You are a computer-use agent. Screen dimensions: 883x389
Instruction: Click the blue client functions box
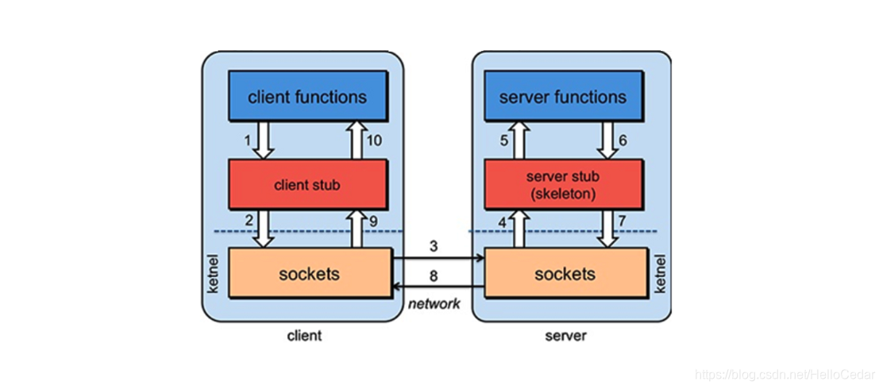pyautogui.click(x=307, y=96)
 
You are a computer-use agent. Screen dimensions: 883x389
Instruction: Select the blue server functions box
pyautogui.click(x=562, y=96)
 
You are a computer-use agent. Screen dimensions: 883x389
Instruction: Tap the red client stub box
pyautogui.click(x=307, y=184)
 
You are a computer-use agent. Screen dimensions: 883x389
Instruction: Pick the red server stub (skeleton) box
pyautogui.click(x=562, y=184)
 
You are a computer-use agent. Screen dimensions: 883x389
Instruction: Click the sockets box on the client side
pyautogui.click(x=309, y=273)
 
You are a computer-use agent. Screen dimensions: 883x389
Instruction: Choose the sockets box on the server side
pyautogui.click(x=565, y=273)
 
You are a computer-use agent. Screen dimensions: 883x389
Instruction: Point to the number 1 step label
pyautogui.click(x=247, y=141)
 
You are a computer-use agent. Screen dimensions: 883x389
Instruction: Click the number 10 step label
pyautogui.click(x=374, y=141)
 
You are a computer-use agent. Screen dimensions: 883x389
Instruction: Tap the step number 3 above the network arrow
pyautogui.click(x=433, y=247)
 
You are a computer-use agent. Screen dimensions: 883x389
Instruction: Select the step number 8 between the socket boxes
pyautogui.click(x=433, y=276)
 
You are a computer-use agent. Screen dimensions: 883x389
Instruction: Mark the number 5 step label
pyautogui.click(x=504, y=141)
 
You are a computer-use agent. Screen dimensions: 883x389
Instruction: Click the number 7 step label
pyautogui.click(x=622, y=221)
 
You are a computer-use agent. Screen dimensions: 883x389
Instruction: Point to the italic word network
pyautogui.click(x=434, y=305)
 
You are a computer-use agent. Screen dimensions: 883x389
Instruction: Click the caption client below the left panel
pyautogui.click(x=304, y=336)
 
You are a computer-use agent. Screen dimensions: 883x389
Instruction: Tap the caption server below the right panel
pyautogui.click(x=565, y=336)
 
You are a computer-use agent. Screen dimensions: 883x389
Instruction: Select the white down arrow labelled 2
pyautogui.click(x=264, y=229)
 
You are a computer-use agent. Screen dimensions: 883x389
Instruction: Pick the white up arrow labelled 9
pyautogui.click(x=356, y=229)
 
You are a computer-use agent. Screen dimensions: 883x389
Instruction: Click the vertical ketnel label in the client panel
pyautogui.click(x=213, y=273)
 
